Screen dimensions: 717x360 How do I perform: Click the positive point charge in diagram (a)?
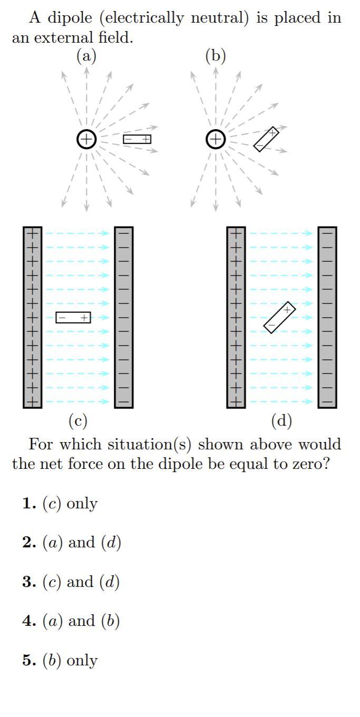click(86, 139)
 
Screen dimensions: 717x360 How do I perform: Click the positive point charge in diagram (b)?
click(215, 139)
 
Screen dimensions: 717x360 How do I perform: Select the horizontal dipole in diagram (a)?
click(137, 139)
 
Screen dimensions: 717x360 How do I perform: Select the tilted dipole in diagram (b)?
click(266, 139)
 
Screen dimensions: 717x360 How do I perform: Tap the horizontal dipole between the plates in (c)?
click(73, 318)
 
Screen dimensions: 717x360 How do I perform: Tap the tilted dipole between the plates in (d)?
click(279, 317)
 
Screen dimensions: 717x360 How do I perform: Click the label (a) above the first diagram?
click(86, 55)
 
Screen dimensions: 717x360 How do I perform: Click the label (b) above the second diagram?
click(215, 55)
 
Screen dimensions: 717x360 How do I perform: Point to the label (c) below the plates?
click(78, 421)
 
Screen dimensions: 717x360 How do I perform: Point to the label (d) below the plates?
click(281, 421)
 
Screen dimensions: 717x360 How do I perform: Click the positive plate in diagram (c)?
click(32, 317)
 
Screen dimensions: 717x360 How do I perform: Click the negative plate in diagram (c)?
click(124, 317)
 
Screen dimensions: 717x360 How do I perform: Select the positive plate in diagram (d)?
click(236, 317)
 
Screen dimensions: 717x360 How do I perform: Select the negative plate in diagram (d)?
click(327, 317)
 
